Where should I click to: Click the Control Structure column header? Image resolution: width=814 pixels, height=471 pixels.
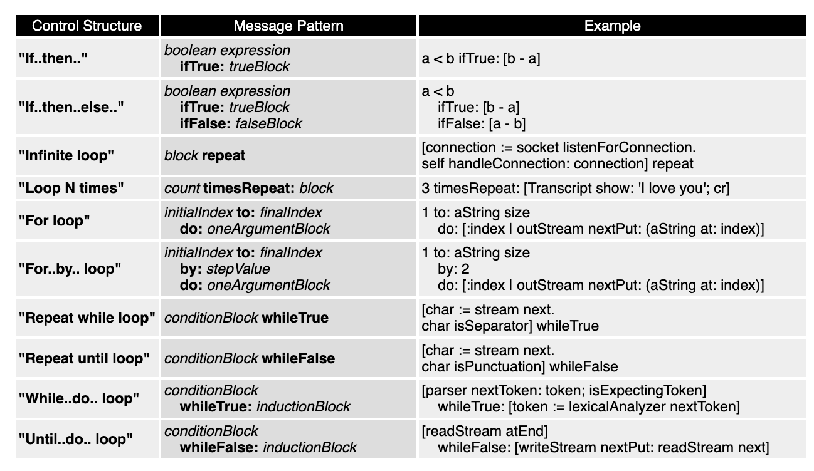tap(87, 26)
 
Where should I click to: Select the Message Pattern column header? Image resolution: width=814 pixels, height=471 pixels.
tap(288, 26)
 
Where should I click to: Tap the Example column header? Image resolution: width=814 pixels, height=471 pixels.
tap(612, 26)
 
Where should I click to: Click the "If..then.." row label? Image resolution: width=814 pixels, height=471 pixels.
tap(53, 59)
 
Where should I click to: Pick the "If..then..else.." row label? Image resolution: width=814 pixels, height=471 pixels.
tap(71, 107)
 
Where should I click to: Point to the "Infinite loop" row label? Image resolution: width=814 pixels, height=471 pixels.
tap(66, 155)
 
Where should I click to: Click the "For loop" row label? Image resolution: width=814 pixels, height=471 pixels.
tap(55, 220)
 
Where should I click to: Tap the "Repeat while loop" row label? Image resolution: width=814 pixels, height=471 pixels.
tap(87, 318)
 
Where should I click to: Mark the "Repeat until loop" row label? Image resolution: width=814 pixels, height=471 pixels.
tap(84, 358)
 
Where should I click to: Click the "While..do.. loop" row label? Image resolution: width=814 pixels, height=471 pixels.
tap(78, 399)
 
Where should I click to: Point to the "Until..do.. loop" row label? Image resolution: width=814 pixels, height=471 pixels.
tap(76, 439)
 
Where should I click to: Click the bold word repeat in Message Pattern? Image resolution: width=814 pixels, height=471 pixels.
tap(224, 155)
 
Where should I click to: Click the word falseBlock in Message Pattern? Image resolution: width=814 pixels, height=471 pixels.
tap(268, 123)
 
